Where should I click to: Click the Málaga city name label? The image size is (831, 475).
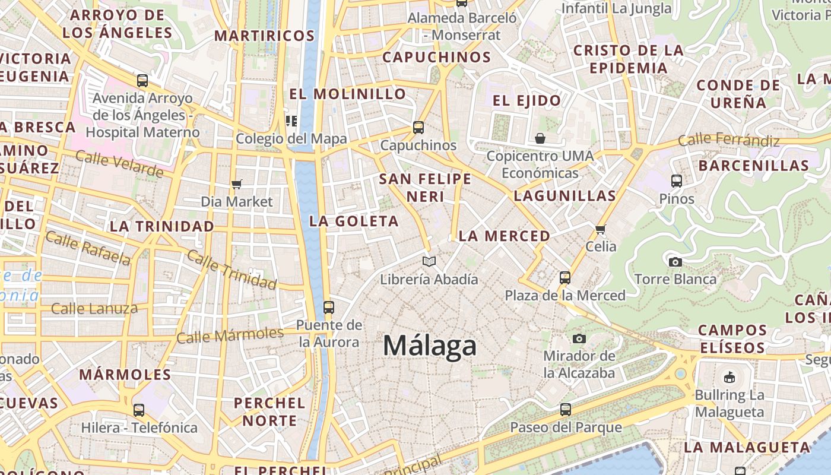coord(430,346)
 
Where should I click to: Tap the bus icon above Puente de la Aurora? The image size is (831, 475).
coord(328,308)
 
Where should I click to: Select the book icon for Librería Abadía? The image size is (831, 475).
coord(429,261)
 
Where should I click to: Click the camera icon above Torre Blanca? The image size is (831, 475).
coord(675,262)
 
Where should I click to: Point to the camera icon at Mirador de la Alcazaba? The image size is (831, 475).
coord(579,338)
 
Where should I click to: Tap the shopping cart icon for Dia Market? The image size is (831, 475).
coord(237,184)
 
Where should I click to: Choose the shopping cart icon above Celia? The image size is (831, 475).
coord(600,229)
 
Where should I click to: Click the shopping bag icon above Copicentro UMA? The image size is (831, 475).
coord(540,138)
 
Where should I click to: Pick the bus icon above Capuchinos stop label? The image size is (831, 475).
coord(418,128)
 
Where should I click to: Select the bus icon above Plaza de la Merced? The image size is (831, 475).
coord(565,277)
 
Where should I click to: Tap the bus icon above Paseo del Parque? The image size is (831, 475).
coord(566,410)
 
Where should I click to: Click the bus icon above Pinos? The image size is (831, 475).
coord(676,181)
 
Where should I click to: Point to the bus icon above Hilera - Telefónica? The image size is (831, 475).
coord(139,410)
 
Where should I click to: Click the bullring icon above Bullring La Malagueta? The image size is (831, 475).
coord(729,377)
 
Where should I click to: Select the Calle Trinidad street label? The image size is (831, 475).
coord(231,270)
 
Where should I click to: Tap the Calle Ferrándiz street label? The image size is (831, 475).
coord(729,141)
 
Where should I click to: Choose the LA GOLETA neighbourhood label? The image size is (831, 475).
coord(354,221)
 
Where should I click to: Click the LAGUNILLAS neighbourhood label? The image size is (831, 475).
coord(564,196)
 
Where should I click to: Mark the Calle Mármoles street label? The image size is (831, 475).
coord(230,335)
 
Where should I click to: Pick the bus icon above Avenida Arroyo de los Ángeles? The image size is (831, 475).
coord(142,80)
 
